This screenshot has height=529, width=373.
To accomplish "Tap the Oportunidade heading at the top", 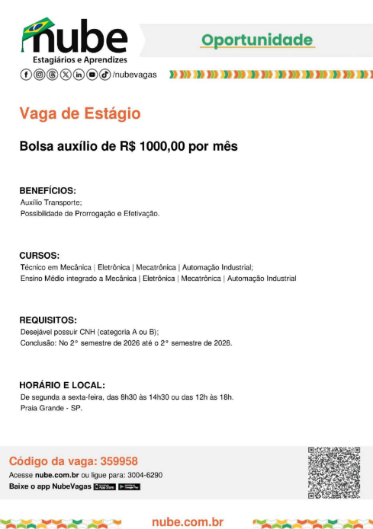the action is tap(257, 40).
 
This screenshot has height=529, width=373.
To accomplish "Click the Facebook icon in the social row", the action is tap(26, 74).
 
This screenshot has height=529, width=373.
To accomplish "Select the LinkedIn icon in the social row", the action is tap(79, 74).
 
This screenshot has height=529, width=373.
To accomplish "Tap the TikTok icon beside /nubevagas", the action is tap(105, 74).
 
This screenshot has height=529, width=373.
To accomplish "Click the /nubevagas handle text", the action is tap(134, 75).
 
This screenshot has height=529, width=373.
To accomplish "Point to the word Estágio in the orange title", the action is tap(113, 113).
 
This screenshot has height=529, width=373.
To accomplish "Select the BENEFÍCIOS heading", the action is tap(47, 190).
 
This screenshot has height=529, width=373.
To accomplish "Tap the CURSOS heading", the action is tap(39, 256).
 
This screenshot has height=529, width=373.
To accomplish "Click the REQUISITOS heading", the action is tap(48, 320).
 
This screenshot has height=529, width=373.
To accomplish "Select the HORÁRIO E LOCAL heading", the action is tap(62, 385).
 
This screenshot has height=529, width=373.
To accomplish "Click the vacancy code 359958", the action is tap(119, 461).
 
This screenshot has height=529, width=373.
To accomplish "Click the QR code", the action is tap(333, 472).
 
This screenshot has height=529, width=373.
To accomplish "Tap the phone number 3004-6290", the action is tap(144, 475).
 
